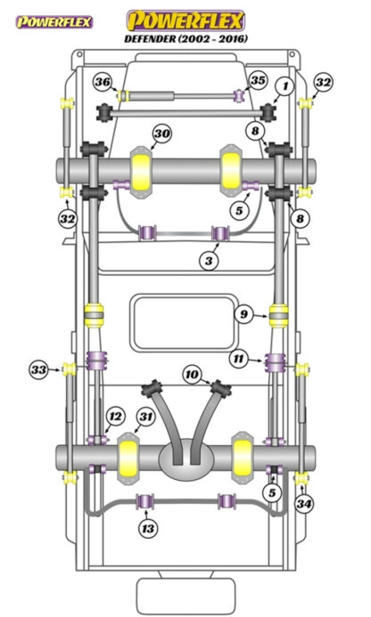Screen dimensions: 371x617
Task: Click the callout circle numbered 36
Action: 103,82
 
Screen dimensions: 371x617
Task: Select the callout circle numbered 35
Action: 258,80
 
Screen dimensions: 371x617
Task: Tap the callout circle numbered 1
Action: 286,86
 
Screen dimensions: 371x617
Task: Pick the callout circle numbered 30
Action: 162,134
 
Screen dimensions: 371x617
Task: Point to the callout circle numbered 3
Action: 209,261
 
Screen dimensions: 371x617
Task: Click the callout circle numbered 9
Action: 244,314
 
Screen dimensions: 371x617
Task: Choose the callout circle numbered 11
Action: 238,359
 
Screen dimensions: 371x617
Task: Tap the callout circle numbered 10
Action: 192,374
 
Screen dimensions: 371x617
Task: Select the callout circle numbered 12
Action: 115,417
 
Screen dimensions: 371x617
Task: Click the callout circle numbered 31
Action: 146,417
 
